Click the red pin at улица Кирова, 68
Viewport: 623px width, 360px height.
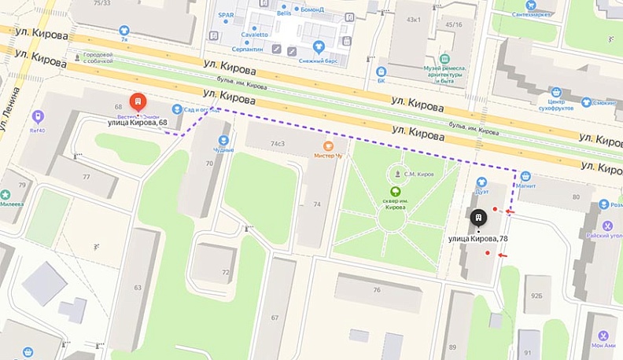point(137,102)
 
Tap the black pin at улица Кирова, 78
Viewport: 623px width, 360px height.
point(477,218)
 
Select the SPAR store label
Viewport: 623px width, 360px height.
point(226,16)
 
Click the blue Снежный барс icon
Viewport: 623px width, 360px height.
point(319,46)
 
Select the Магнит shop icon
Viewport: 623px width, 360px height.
point(525,177)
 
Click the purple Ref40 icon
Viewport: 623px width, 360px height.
point(37,116)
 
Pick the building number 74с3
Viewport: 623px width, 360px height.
point(277,144)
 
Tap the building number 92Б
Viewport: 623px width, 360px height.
point(537,296)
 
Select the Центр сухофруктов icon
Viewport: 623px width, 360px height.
point(556,92)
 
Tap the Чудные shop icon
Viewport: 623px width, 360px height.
point(223,141)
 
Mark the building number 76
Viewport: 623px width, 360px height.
point(377,289)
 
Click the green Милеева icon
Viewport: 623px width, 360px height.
point(6,194)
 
